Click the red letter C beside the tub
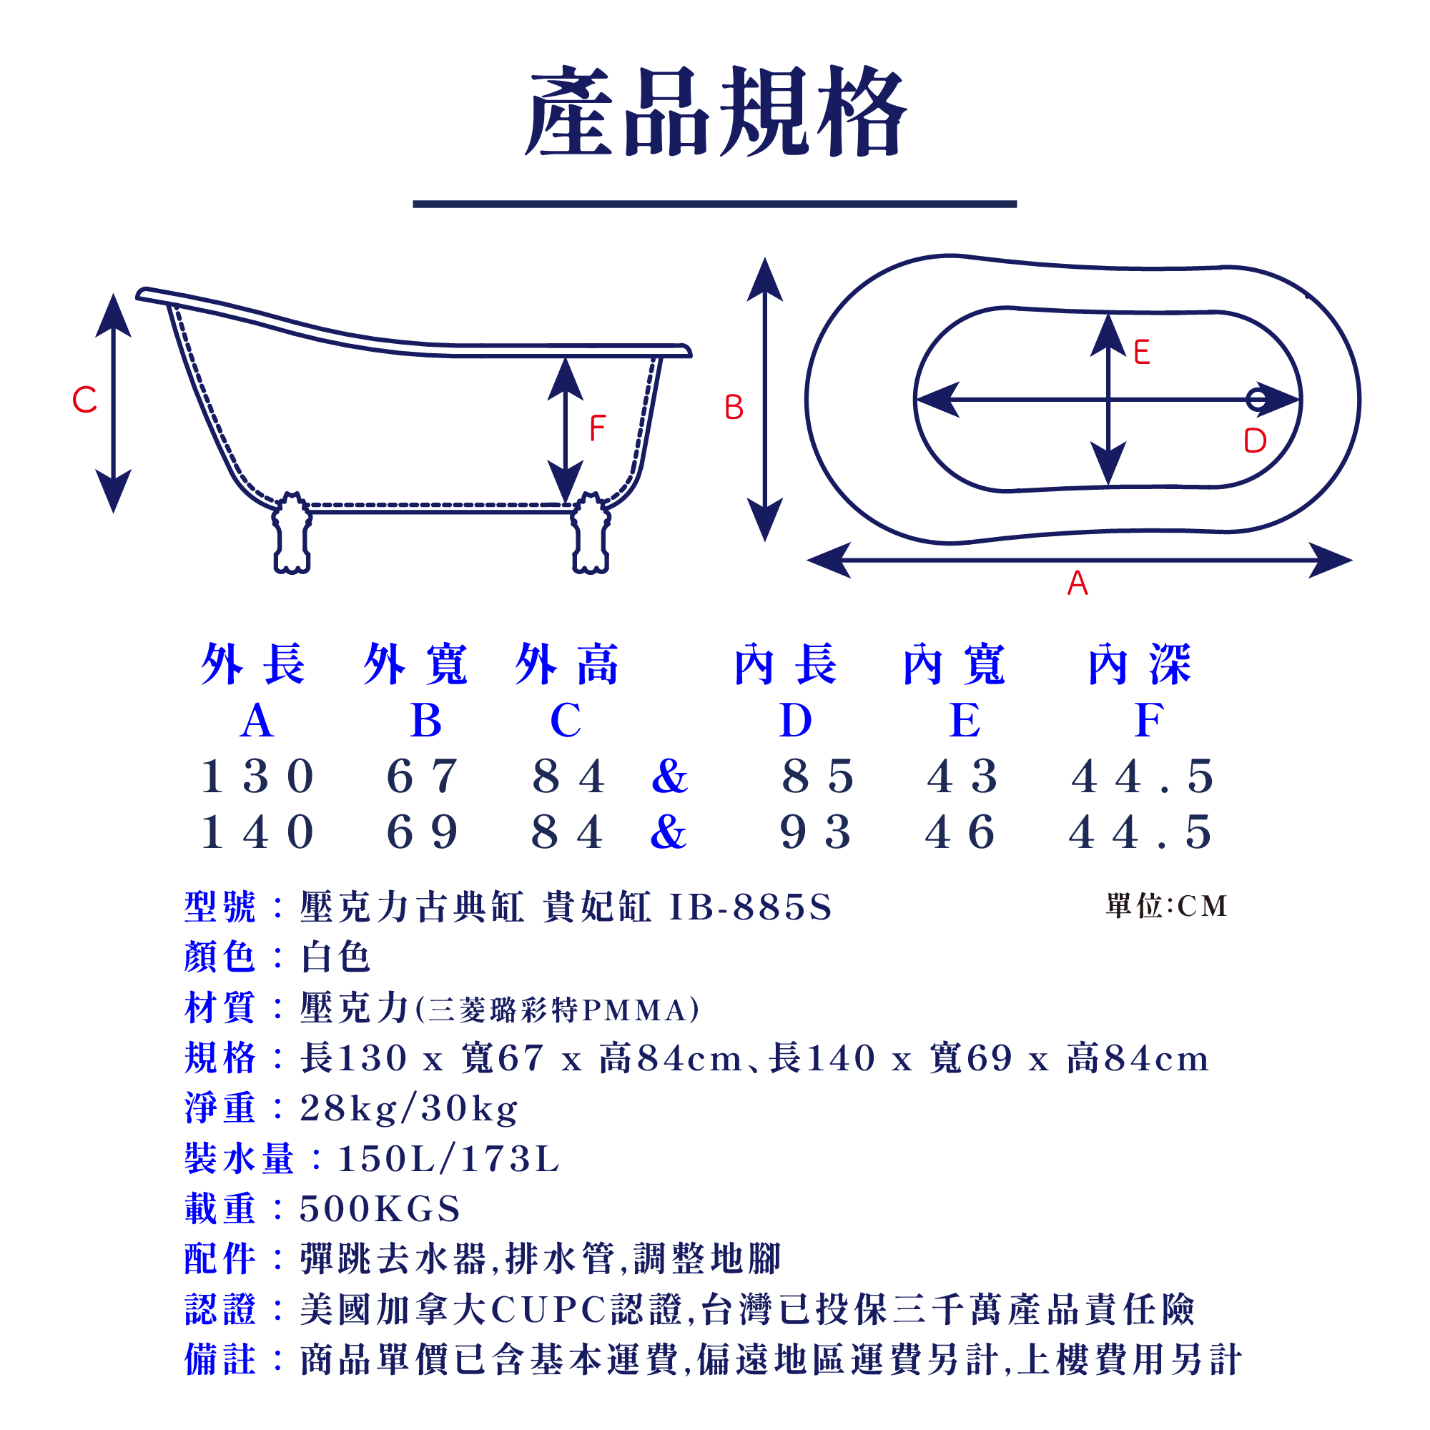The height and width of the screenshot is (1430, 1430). [x=84, y=400]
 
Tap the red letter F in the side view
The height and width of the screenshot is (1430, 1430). [x=597, y=428]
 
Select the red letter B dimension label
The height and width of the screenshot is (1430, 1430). [x=734, y=408]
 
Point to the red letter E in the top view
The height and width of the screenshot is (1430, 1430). [x=1141, y=352]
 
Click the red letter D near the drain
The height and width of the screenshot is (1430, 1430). [x=1255, y=441]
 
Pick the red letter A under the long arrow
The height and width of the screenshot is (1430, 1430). [x=1078, y=583]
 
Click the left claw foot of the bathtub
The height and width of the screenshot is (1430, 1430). [x=292, y=533]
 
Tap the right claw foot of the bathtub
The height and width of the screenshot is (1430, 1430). [x=591, y=533]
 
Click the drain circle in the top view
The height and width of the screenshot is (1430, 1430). [x=1256, y=400]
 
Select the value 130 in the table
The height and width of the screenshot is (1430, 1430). [x=257, y=777]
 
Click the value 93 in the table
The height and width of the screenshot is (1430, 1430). [x=817, y=833]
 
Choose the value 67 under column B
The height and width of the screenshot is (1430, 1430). [x=423, y=777]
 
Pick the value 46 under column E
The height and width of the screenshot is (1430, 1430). [x=962, y=833]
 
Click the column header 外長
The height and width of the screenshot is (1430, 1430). [x=253, y=665]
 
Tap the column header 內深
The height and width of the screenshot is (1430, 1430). [x=1140, y=665]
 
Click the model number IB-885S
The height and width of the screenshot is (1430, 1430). [x=751, y=907]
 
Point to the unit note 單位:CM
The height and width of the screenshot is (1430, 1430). [x=1166, y=906]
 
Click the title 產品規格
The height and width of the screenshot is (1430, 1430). [x=715, y=112]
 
